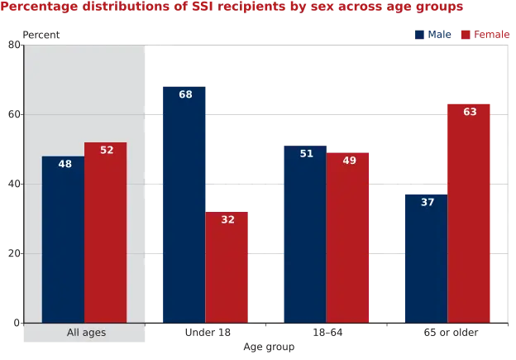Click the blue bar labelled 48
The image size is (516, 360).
click(63, 240)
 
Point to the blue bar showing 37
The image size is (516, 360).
click(426, 257)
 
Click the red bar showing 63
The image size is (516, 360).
click(470, 212)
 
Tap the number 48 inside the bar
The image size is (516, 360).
click(65, 164)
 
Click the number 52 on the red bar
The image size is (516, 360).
click(107, 150)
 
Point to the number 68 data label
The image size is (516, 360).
click(185, 94)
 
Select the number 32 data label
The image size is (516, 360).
click(228, 219)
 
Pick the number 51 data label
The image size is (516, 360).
click(307, 153)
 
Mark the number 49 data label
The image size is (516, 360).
click(349, 160)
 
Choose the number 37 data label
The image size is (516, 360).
click(428, 201)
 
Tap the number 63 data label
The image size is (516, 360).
click(470, 112)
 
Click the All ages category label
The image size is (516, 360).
click(86, 333)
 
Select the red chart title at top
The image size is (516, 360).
click(232, 7)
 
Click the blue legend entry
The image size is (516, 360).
click(433, 34)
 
